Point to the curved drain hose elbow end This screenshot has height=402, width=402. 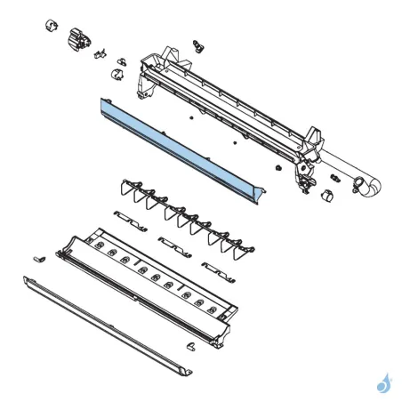coord(372,188)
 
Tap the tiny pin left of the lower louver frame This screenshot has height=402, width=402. coord(38,257)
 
